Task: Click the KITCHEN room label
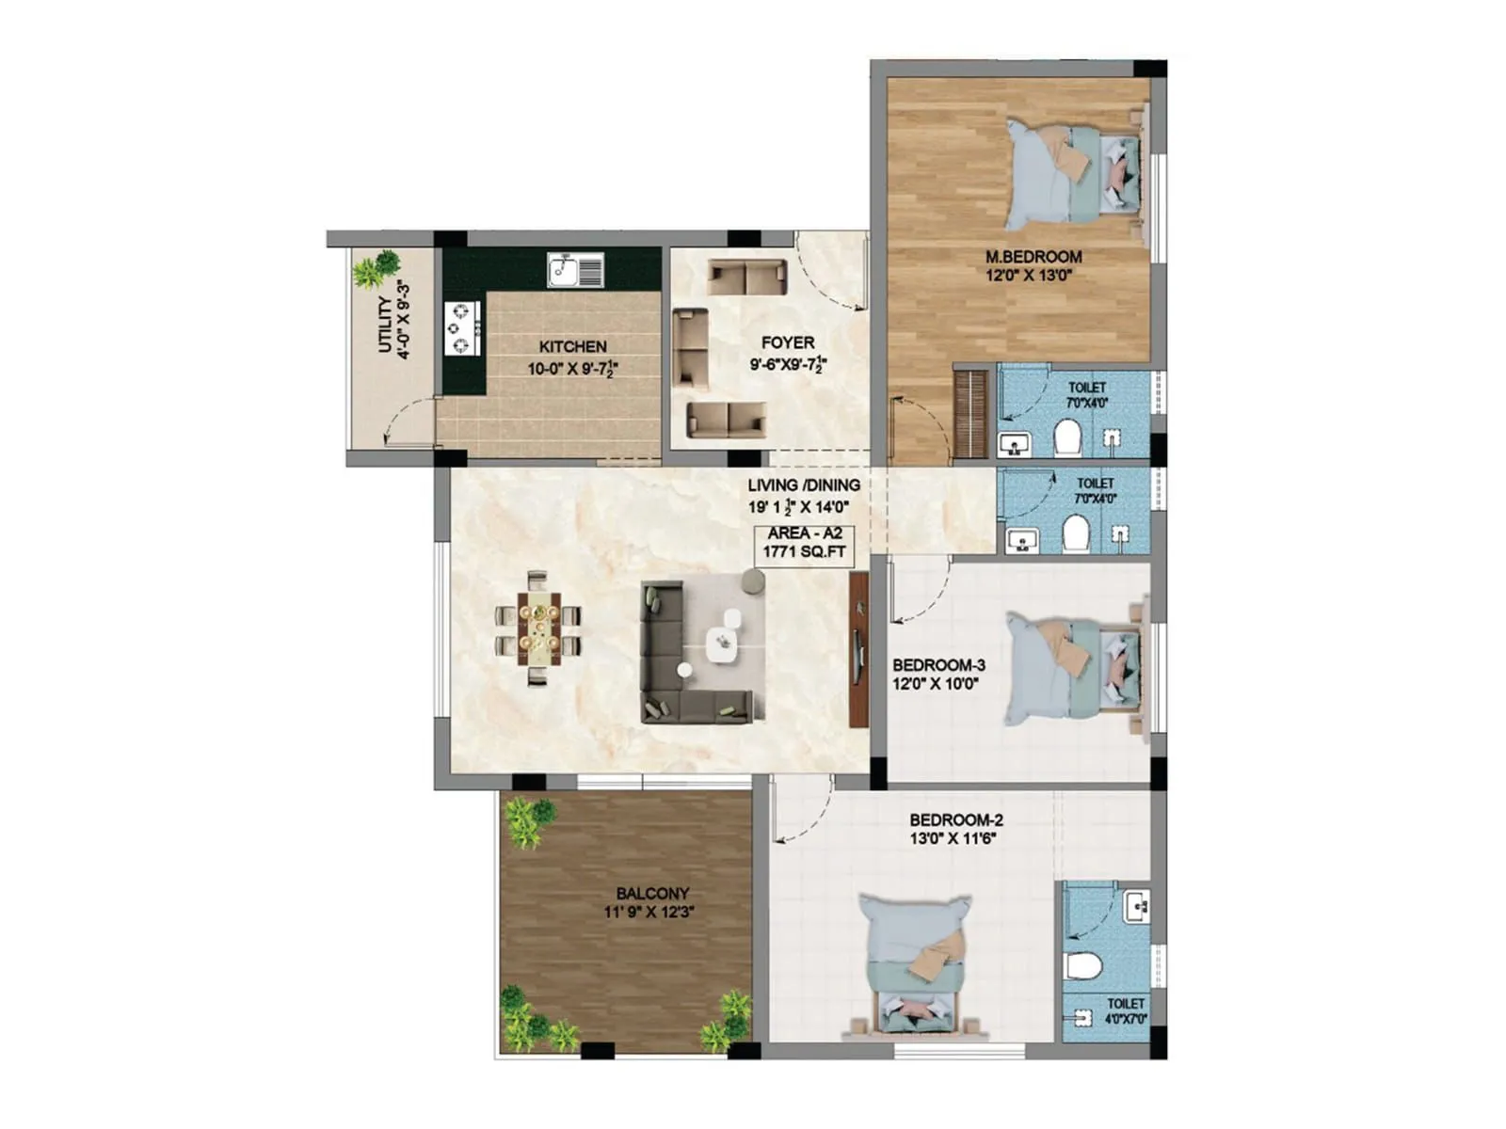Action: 572,346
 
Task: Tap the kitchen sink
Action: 575,271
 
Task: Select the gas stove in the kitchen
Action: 462,328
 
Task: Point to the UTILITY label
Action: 384,325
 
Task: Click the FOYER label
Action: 788,343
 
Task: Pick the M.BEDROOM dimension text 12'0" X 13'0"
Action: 1029,276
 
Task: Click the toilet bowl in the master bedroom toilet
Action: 1067,437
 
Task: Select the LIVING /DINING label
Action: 804,485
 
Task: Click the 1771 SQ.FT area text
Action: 804,552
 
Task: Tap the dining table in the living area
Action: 538,628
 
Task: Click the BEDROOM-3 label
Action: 938,665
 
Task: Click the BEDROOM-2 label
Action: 956,819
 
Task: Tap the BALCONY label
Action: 652,893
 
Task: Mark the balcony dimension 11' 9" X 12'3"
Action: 649,912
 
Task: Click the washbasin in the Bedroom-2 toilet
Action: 1136,907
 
